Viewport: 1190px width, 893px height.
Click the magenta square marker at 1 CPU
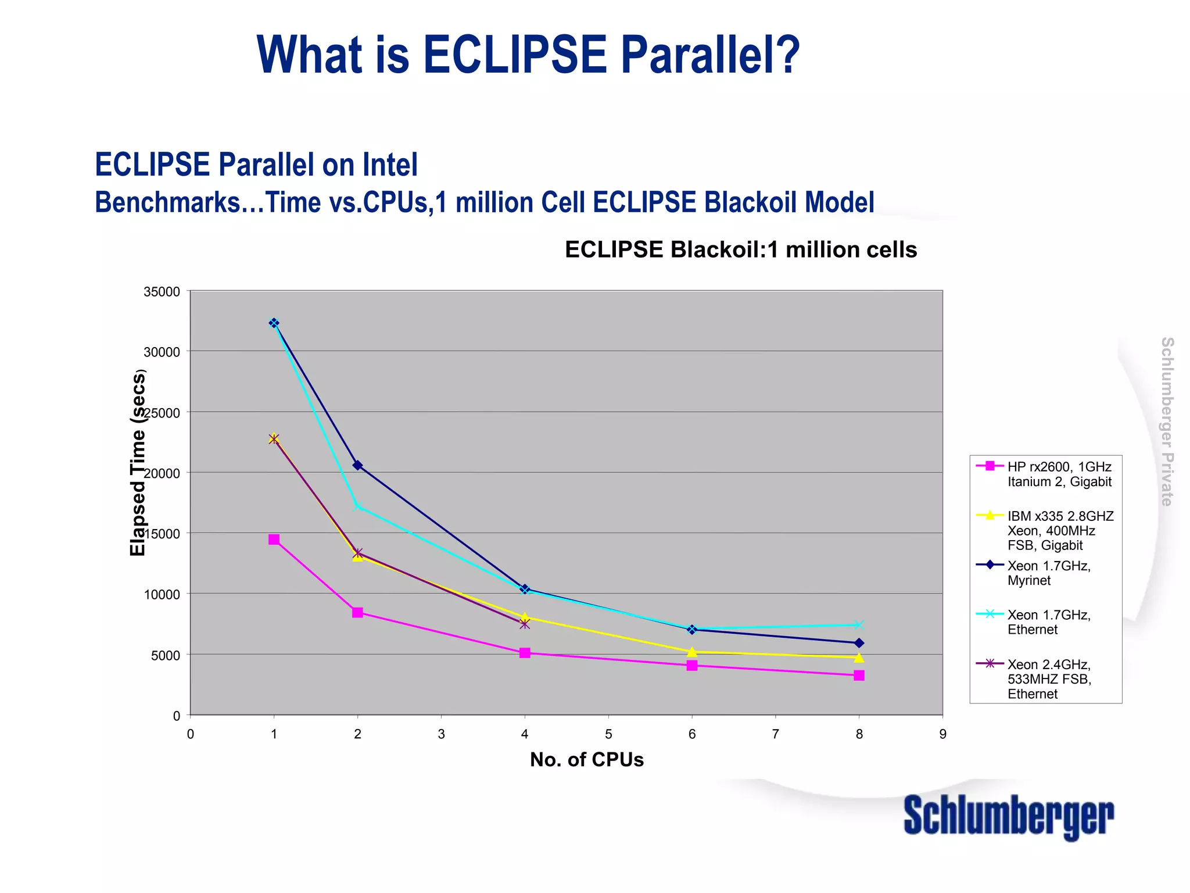coord(274,540)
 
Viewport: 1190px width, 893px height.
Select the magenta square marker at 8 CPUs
coord(859,676)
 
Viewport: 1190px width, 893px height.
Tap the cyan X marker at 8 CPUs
coord(859,625)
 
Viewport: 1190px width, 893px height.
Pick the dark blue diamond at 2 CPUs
coord(357,465)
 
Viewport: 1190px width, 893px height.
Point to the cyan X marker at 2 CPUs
coord(357,506)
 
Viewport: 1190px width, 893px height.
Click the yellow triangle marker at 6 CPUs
coord(691,652)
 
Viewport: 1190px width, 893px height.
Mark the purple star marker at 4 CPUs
coord(525,624)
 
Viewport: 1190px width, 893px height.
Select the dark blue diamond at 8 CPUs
coord(859,643)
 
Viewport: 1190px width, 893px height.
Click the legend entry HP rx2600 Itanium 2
coord(1059,474)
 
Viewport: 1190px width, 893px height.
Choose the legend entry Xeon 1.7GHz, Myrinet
coord(1048,573)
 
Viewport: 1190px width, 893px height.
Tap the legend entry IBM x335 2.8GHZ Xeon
coord(1060,530)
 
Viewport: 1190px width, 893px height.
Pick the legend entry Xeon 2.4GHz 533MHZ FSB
coord(1049,679)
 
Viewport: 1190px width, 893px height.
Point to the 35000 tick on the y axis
coord(162,292)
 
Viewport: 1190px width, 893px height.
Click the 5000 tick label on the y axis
coord(166,656)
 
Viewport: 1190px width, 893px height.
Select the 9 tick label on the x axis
coord(942,734)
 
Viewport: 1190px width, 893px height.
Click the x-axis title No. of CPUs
coord(587,760)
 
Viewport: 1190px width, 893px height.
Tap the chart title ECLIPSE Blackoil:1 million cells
coord(741,249)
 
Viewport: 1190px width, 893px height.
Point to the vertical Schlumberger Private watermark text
coord(1167,422)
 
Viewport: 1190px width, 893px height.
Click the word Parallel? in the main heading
coord(710,55)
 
